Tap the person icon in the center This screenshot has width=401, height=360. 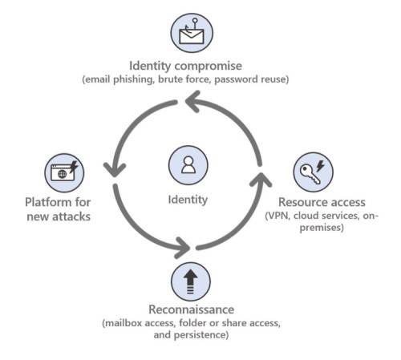tap(188, 165)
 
